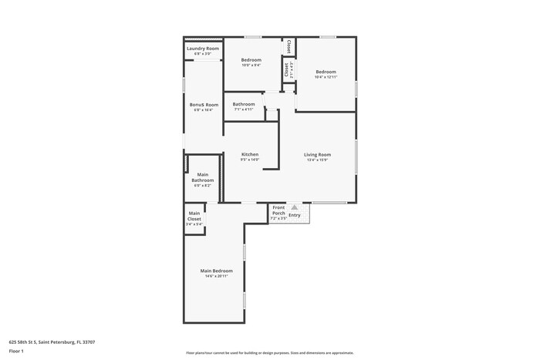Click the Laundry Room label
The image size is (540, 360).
tap(203, 49)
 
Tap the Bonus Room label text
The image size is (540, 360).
tap(204, 105)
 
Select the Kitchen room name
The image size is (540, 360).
tap(249, 154)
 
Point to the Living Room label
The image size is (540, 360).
tap(318, 154)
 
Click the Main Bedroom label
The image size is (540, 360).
tap(216, 271)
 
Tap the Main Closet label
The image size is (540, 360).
tap(194, 216)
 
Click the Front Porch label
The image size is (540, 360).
tap(278, 210)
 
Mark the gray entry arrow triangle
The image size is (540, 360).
tap(294, 207)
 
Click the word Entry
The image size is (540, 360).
tap(295, 215)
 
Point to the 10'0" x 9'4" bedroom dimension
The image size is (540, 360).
tap(251, 66)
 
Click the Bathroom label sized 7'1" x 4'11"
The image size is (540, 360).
tap(244, 104)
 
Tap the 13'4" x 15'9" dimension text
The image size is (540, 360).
tap(318, 160)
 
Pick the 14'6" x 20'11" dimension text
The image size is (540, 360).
tap(216, 277)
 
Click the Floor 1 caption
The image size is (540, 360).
tap(16, 352)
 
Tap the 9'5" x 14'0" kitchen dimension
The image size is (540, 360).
tap(249, 160)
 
